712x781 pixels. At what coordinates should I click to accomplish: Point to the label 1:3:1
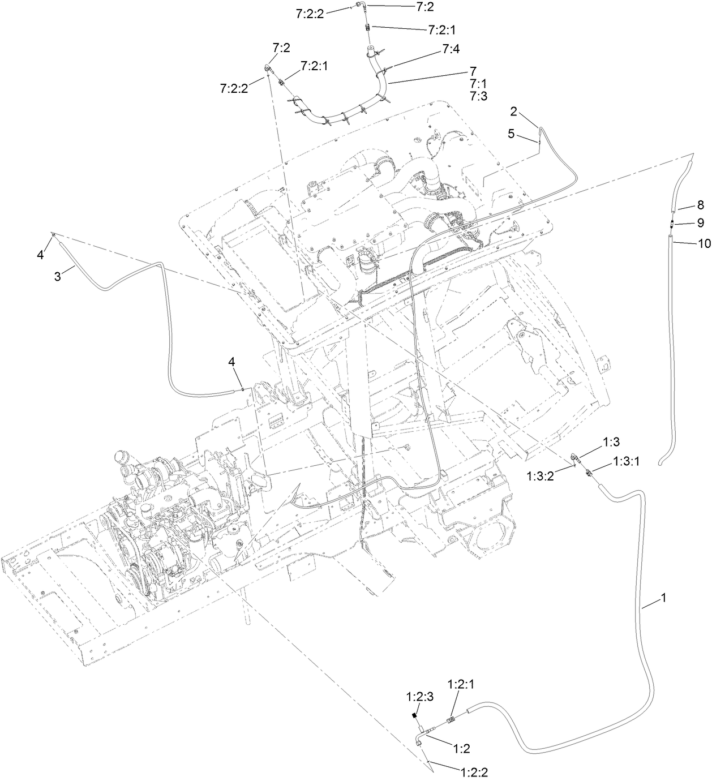pos(627,462)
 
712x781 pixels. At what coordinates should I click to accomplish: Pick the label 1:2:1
pos(461,684)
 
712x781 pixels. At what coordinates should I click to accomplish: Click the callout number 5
pos(511,134)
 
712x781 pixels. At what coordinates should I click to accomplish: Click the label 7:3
pos(478,96)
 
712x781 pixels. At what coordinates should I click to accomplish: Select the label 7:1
pos(478,84)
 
